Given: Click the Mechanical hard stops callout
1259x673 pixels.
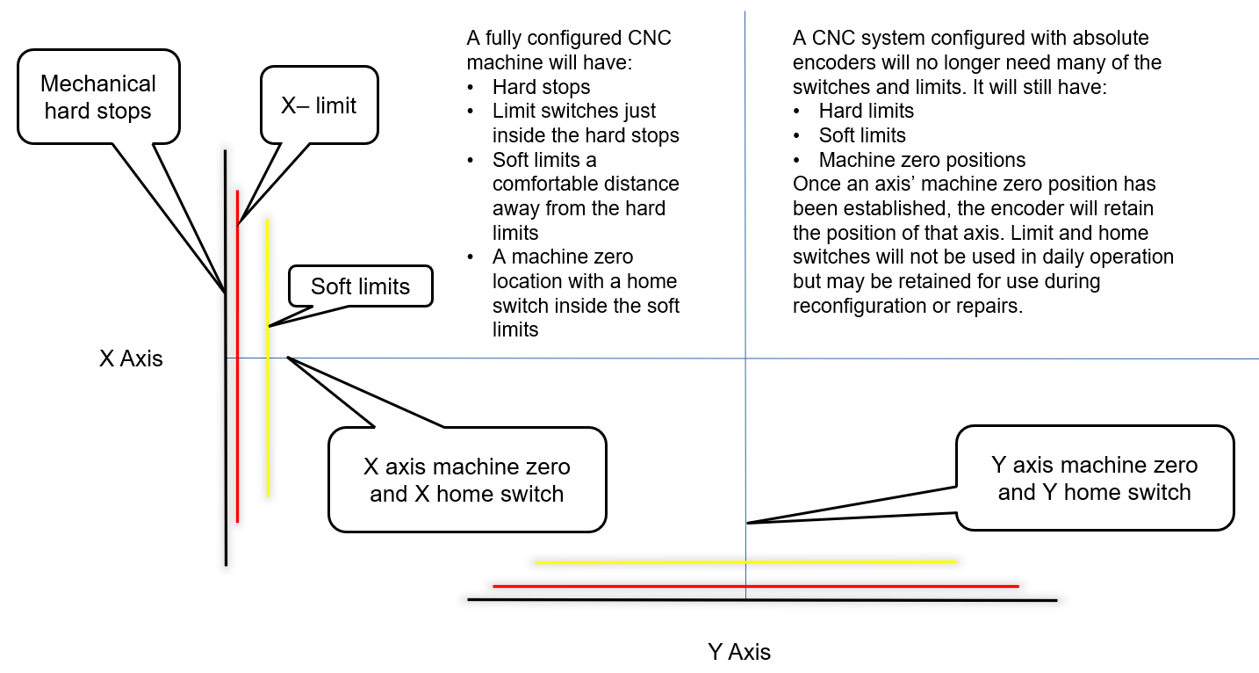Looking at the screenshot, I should (97, 98).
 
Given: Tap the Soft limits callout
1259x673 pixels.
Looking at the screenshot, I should (360, 286).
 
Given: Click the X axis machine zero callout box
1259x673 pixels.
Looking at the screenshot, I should (466, 480).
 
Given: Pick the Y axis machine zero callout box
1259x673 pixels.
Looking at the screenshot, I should (1094, 478).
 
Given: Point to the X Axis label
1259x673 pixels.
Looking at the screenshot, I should (131, 358).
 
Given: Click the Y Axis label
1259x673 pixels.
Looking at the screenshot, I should (739, 652).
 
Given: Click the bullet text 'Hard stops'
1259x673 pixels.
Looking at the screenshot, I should (541, 87).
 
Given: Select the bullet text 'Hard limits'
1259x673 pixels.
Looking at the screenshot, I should (866, 111).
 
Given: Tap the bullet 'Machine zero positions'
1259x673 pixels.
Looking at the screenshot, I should (922, 160).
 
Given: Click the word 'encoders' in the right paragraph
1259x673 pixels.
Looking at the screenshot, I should (829, 63).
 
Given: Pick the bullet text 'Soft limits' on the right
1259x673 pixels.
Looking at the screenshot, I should (861, 135).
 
